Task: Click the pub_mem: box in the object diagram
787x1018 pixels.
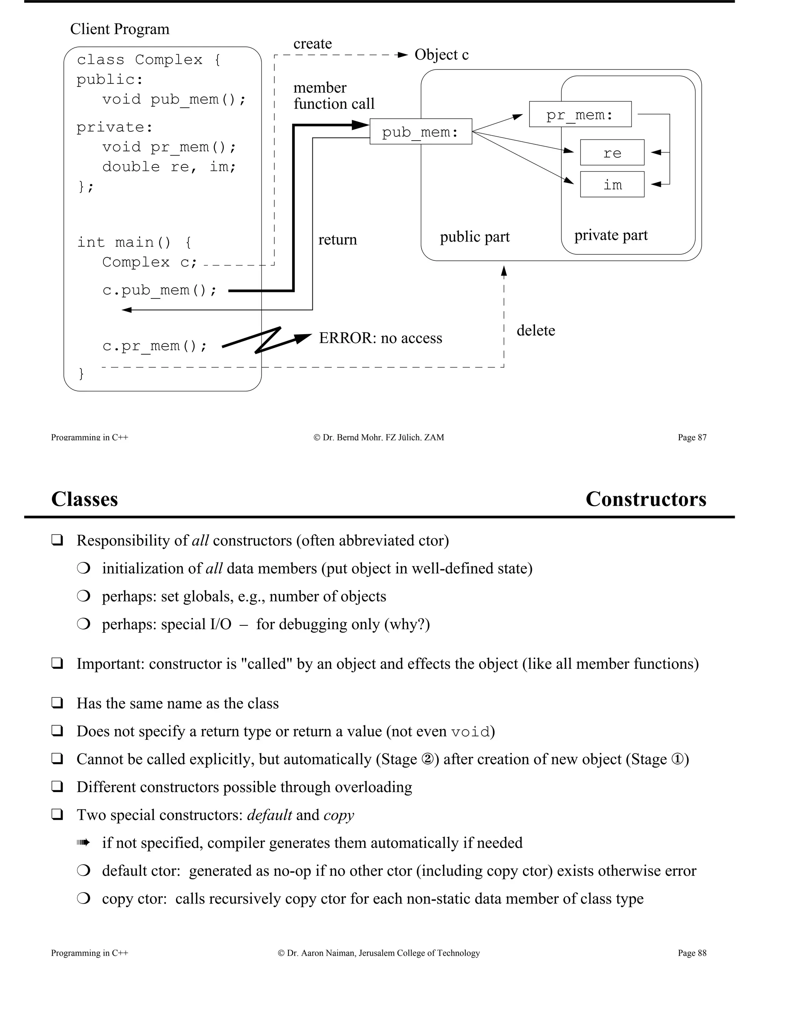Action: pyautogui.click(x=420, y=132)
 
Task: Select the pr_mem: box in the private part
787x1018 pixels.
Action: pyautogui.click(x=580, y=114)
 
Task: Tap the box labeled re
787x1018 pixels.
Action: pyautogui.click(x=612, y=153)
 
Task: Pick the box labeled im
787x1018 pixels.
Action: pyautogui.click(x=612, y=184)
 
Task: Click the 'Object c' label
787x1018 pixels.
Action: pyautogui.click(x=441, y=55)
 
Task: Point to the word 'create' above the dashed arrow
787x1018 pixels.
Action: pyautogui.click(x=312, y=43)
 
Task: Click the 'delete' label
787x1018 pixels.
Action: pyautogui.click(x=536, y=330)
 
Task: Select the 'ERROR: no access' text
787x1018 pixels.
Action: pyautogui.click(x=380, y=338)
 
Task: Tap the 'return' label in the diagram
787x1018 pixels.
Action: pyautogui.click(x=337, y=240)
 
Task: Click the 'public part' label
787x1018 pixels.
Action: pyautogui.click(x=475, y=237)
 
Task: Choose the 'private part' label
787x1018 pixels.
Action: pyautogui.click(x=611, y=235)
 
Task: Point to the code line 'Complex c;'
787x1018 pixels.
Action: pyautogui.click(x=149, y=262)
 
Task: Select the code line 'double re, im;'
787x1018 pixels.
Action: pyautogui.click(x=169, y=167)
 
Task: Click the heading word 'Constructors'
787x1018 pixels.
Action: pyautogui.click(x=646, y=499)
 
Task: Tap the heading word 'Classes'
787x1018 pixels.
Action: pyautogui.click(x=85, y=499)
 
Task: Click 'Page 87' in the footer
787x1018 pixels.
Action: pyautogui.click(x=692, y=437)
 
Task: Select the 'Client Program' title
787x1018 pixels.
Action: pyautogui.click(x=120, y=29)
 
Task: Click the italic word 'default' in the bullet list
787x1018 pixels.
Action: pyautogui.click(x=269, y=815)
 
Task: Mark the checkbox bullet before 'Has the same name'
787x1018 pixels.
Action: pyautogui.click(x=57, y=703)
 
